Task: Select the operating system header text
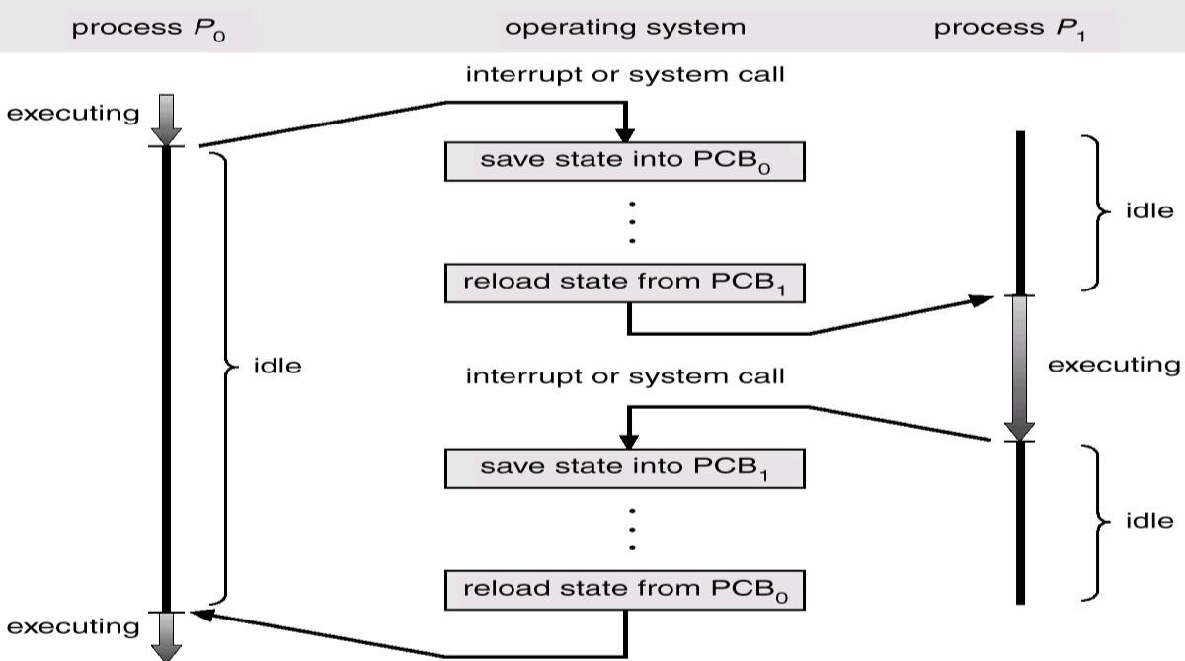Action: coord(625,27)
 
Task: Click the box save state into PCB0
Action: coord(625,161)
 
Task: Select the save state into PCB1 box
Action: coord(625,466)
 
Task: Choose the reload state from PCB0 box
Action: coord(625,590)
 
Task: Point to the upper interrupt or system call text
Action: coord(625,74)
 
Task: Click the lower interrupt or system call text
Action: coord(625,375)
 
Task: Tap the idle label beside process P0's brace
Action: coord(276,368)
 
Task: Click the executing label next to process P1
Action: coord(1114,365)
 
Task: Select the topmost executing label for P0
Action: coord(73,113)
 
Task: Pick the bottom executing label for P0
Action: coord(73,626)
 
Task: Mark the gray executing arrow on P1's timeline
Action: coord(1019,366)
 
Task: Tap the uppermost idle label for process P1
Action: coord(1149,210)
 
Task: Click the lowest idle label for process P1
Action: coord(1149,521)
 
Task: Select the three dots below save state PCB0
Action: coord(632,222)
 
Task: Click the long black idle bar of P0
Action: coord(166,375)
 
